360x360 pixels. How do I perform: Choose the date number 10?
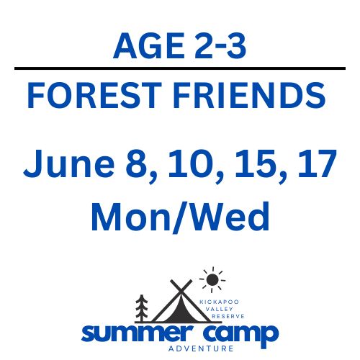coord(186,166)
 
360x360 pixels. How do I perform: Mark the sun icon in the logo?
coord(211,279)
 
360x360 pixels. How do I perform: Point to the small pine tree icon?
coord(142,307)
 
